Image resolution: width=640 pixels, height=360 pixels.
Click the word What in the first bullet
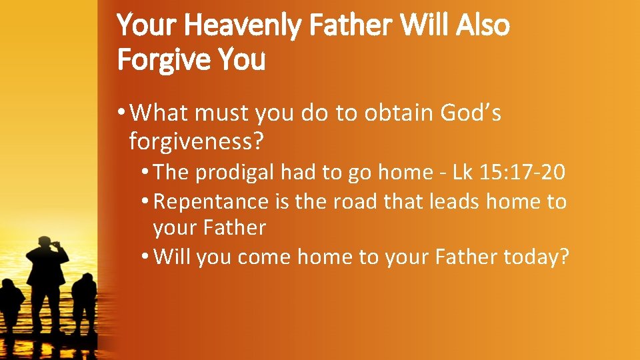click(160, 113)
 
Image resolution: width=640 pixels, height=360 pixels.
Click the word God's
click(471, 113)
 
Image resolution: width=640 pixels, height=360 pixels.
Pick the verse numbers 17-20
click(534, 173)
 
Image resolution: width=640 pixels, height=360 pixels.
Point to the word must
click(221, 113)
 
